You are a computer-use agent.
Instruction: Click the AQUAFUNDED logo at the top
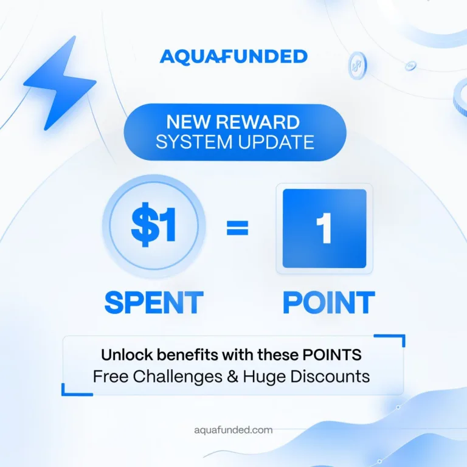point(233,57)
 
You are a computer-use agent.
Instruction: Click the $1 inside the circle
point(154,227)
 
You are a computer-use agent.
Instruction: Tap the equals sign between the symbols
point(237,228)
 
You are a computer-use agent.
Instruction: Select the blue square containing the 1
point(324,229)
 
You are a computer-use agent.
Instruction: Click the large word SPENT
point(154,302)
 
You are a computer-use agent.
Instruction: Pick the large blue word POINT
point(328,302)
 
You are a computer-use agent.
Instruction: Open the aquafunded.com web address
point(233,430)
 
